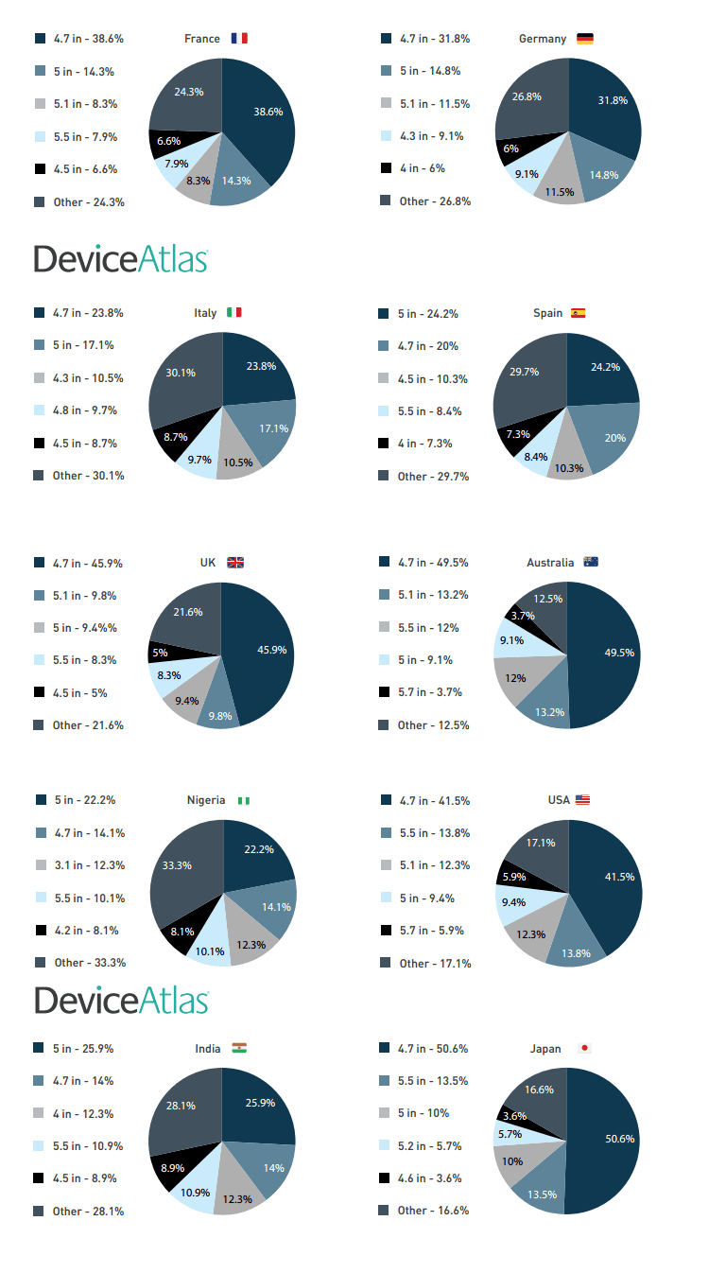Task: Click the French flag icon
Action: [x=239, y=39]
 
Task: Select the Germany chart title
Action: [x=543, y=39]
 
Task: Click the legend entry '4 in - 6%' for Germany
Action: [x=422, y=168]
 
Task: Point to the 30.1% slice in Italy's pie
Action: [x=181, y=374]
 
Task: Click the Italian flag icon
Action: [x=234, y=313]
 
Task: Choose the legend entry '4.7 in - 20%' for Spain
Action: [x=427, y=346]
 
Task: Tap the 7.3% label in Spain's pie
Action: [x=518, y=434]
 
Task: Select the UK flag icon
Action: [x=235, y=563]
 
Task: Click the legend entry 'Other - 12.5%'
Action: [x=433, y=725]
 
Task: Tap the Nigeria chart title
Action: [x=206, y=800]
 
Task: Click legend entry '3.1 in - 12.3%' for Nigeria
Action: [x=89, y=865]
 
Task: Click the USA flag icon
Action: [x=582, y=800]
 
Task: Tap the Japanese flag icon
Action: [x=584, y=1049]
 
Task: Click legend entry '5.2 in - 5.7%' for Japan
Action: [x=429, y=1145]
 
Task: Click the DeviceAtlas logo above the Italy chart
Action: [x=121, y=258]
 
